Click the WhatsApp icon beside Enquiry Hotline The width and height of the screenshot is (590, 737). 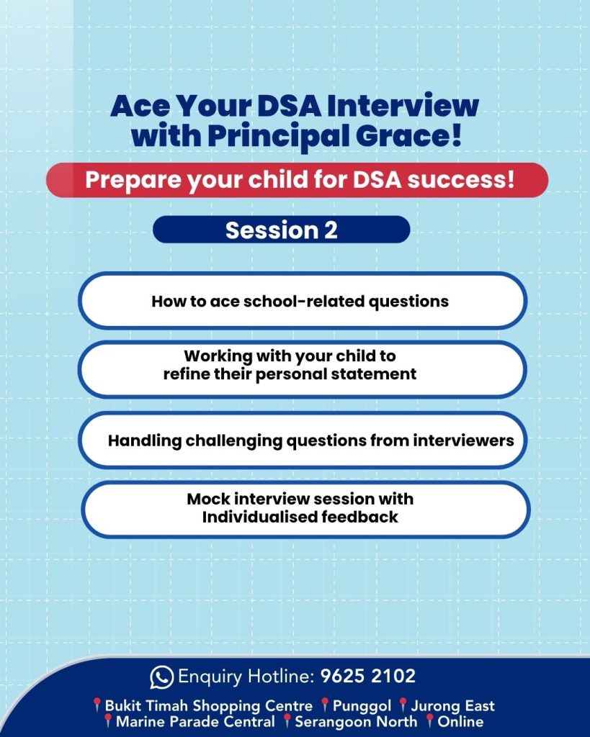pyautogui.click(x=161, y=677)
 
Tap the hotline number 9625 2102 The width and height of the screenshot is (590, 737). pyautogui.click(x=368, y=676)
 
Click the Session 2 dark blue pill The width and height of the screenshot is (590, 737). pyautogui.click(x=282, y=230)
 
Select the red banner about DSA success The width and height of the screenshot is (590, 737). pyautogui.click(x=297, y=180)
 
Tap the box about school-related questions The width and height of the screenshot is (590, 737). pyautogui.click(x=302, y=300)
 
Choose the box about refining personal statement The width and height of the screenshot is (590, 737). pyautogui.click(x=302, y=369)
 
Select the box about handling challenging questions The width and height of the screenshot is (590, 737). pyautogui.click(x=302, y=440)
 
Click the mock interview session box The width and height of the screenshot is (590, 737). pyautogui.click(x=305, y=510)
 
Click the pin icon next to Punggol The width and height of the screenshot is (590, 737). pyautogui.click(x=325, y=705)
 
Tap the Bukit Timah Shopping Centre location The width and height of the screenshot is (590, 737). pyautogui.click(x=208, y=706)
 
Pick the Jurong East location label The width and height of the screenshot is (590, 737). pyautogui.click(x=452, y=705)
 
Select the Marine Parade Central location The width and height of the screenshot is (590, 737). pyautogui.click(x=195, y=721)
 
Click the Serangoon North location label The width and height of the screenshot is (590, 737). pyautogui.click(x=356, y=721)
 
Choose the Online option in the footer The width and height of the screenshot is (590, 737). pyautogui.click(x=460, y=721)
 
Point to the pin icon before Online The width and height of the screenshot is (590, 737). pyautogui.click(x=429, y=720)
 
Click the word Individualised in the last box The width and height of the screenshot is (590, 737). pyautogui.click(x=260, y=517)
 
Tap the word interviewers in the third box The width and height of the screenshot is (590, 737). pyautogui.click(x=463, y=440)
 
